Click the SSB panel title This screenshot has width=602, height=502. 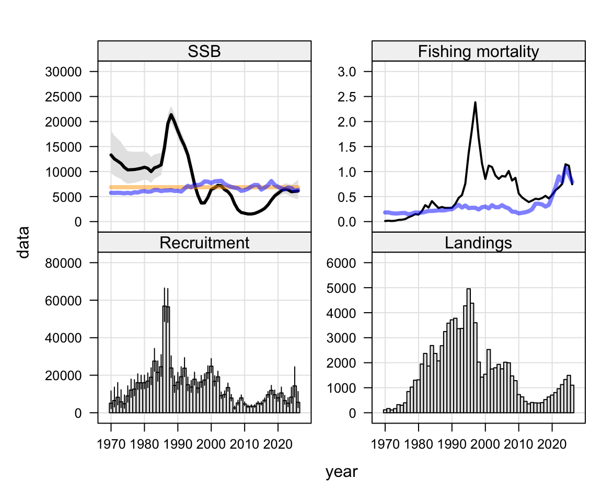(x=204, y=51)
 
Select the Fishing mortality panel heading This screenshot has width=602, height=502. (x=478, y=51)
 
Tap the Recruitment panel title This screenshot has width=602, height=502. (x=204, y=243)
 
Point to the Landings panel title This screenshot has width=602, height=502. (x=478, y=243)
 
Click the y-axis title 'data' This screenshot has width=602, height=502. (x=24, y=242)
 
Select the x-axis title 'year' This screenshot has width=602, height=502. (x=341, y=472)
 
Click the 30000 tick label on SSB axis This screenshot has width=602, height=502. (x=63, y=72)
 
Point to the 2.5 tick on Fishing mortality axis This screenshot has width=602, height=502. (x=346, y=97)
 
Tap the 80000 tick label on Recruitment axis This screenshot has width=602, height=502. (x=63, y=263)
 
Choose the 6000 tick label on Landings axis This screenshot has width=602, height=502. (x=341, y=263)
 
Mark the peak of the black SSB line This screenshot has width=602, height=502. (x=171, y=114)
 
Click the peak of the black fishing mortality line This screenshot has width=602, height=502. (x=476, y=102)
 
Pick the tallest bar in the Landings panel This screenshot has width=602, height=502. (x=468, y=351)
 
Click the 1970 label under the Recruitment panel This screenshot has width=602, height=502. (x=111, y=444)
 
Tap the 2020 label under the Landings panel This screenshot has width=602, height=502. (x=552, y=444)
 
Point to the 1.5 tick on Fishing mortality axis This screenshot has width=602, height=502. (x=346, y=147)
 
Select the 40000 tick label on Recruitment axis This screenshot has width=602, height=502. (x=63, y=338)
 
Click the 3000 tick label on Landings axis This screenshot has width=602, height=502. (x=341, y=338)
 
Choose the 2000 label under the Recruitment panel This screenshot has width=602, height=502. (x=211, y=444)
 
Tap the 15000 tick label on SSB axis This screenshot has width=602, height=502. (x=63, y=147)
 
